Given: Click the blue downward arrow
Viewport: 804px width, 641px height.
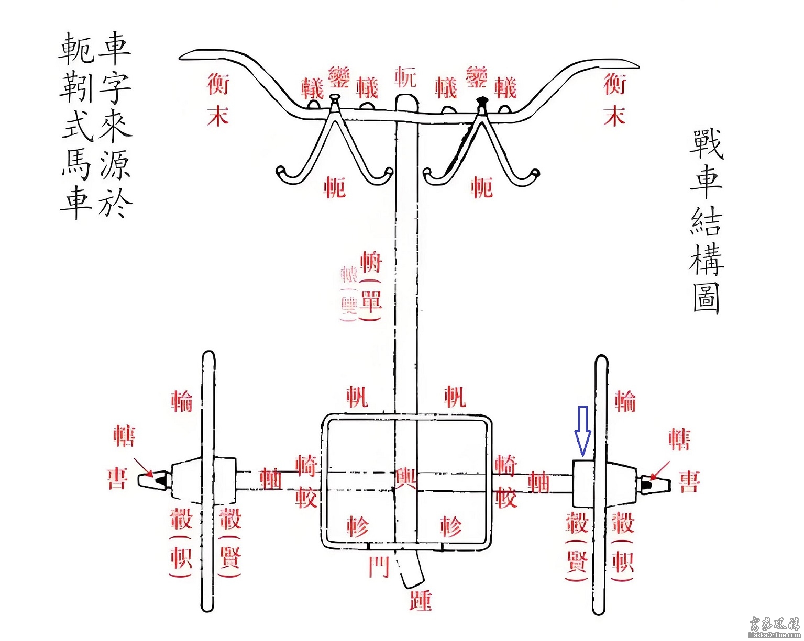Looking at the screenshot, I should tap(582, 429).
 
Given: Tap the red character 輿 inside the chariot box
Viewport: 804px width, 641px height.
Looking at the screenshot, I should tap(405, 479).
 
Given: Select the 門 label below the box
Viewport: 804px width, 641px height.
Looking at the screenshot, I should tap(379, 567).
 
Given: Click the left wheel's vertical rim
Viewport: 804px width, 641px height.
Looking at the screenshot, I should tap(208, 481).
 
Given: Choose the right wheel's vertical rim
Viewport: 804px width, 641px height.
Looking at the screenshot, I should tap(600, 484).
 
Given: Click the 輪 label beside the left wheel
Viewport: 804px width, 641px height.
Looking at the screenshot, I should tap(182, 401).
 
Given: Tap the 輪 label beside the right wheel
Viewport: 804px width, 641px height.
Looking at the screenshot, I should tap(625, 401).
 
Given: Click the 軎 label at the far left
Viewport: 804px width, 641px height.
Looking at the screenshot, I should tap(117, 478).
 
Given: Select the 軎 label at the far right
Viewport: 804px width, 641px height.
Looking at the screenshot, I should tap(689, 481).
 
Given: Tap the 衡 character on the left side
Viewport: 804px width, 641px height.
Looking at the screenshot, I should tap(218, 83).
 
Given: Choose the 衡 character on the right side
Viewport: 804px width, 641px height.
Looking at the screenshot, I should tap(614, 83).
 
